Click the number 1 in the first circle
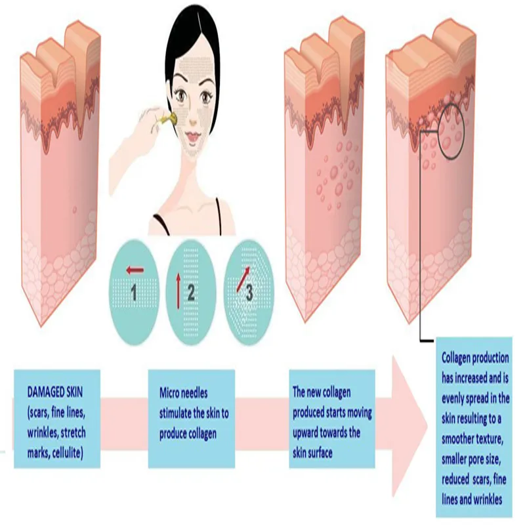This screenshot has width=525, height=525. point(133,293)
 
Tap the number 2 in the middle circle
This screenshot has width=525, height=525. point(191,293)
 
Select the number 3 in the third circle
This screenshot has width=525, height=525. point(249,293)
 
